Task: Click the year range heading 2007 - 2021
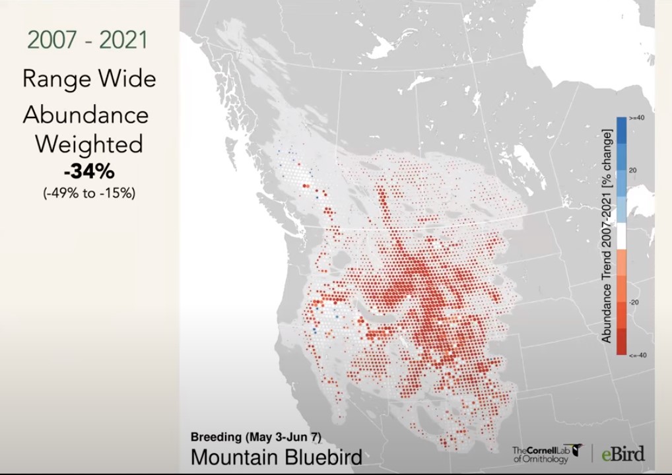click(88, 40)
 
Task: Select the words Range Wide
click(89, 79)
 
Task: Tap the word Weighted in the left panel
click(88, 144)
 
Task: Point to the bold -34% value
click(88, 172)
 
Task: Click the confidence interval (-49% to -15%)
click(88, 193)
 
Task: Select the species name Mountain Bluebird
click(276, 457)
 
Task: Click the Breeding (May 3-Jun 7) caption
click(255, 437)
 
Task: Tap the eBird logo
click(623, 453)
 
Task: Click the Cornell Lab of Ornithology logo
click(546, 453)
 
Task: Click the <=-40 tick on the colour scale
click(636, 356)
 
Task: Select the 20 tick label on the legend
click(632, 171)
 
